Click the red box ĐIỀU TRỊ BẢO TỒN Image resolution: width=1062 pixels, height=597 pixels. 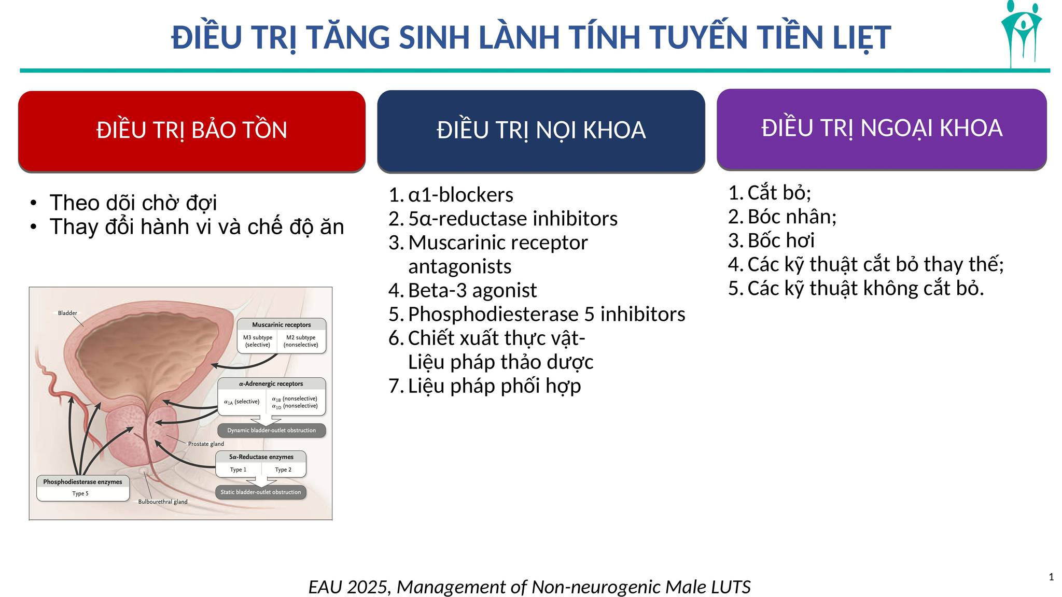click(192, 131)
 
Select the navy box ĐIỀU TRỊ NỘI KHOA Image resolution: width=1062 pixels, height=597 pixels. click(541, 131)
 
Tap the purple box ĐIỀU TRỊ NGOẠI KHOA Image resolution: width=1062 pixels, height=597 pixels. click(882, 129)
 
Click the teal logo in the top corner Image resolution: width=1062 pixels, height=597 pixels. click(1022, 34)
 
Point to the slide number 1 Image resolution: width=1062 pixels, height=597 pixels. click(1051, 577)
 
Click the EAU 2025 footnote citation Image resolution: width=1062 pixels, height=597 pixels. click(529, 587)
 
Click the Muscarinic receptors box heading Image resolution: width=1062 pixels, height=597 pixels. click(282, 325)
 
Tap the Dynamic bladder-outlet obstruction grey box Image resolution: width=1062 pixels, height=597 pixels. click(272, 431)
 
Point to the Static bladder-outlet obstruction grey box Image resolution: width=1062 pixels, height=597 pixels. click(261, 492)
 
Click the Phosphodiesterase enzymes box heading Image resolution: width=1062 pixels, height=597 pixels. click(82, 482)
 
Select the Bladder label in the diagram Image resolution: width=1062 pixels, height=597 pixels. click(67, 313)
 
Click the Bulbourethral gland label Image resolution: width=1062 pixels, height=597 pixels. click(163, 502)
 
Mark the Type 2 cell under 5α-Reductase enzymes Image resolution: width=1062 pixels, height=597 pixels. click(283, 470)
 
